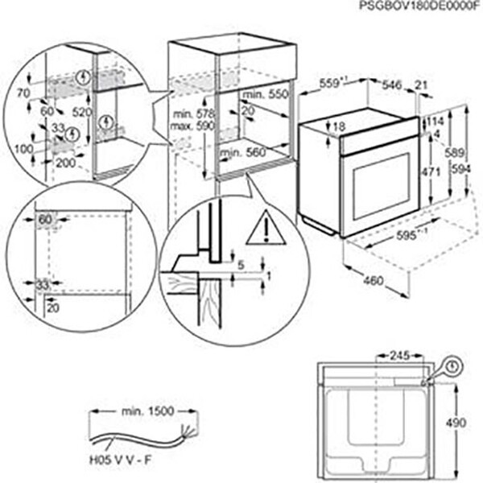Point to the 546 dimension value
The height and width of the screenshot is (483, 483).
click(390, 83)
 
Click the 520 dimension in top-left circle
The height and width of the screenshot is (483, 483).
click(81, 114)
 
